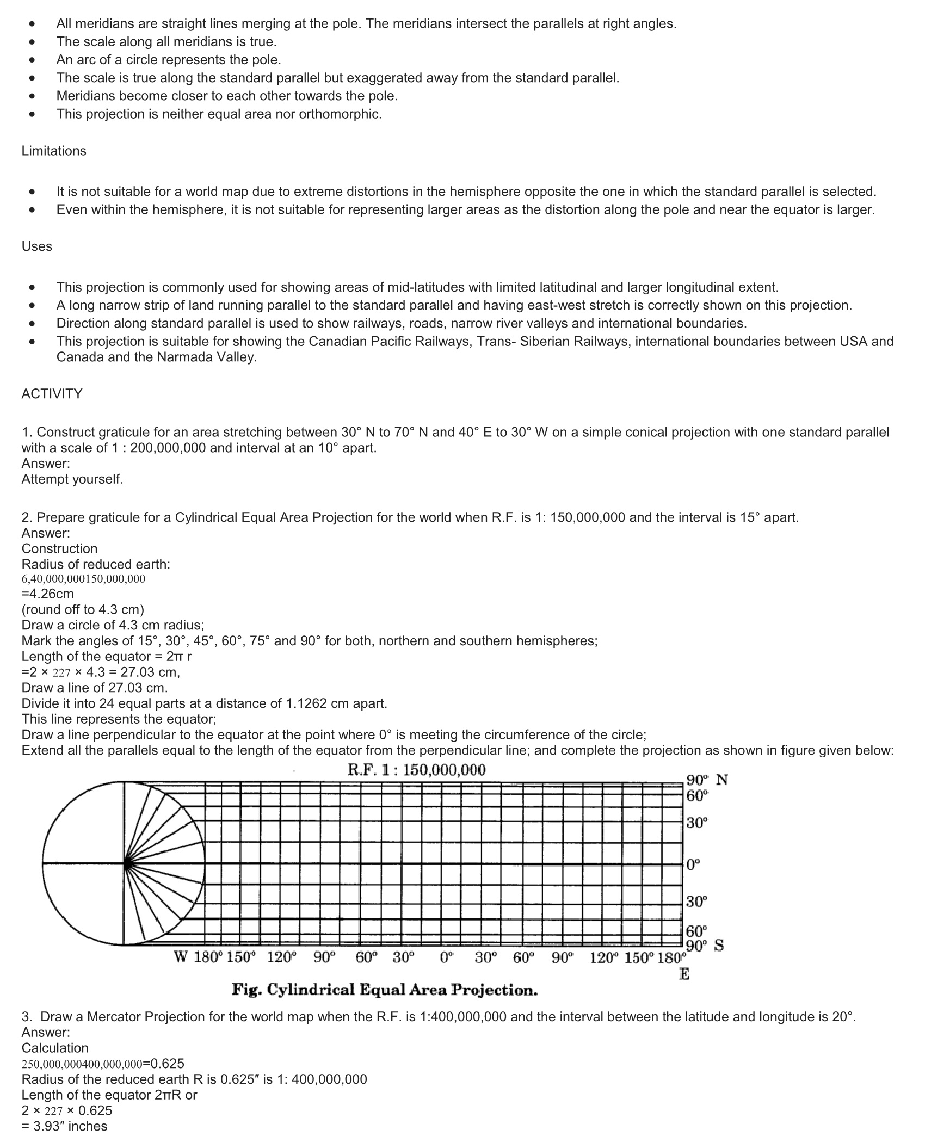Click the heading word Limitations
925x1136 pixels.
click(54, 151)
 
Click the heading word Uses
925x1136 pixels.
click(37, 246)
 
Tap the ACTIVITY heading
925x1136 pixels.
click(52, 393)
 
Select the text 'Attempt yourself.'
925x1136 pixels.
click(72, 479)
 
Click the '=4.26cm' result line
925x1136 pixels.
click(48, 594)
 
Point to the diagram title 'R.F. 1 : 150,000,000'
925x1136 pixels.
click(416, 770)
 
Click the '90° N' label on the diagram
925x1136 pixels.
click(707, 780)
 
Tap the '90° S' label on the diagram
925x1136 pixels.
click(705, 946)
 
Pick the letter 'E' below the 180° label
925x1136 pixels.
click(684, 974)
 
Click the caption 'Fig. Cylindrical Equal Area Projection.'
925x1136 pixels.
click(385, 990)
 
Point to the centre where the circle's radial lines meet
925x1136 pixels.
click(125, 863)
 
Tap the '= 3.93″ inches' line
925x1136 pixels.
click(65, 1126)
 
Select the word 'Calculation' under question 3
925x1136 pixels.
click(55, 1048)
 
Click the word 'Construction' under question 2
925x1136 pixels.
click(59, 548)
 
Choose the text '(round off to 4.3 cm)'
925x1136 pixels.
click(83, 609)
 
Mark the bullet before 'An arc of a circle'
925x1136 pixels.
click(34, 60)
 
